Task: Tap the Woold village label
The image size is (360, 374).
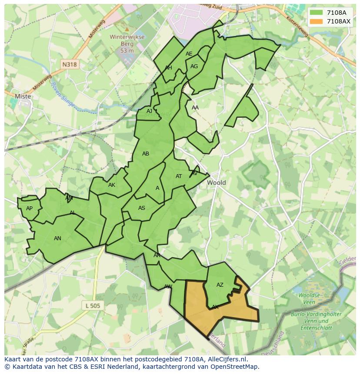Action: tap(216, 183)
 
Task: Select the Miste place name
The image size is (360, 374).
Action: tap(23, 96)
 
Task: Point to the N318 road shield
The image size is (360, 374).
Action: tap(69, 64)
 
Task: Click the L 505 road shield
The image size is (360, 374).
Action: tap(93, 306)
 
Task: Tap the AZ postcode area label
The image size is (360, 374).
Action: tap(220, 285)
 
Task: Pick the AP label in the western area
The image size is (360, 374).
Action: tap(29, 209)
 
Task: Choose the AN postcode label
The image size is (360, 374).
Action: tap(57, 238)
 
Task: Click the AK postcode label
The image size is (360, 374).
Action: tap(112, 185)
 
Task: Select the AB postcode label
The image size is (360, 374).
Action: tap(146, 154)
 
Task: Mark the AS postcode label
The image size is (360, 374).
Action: tap(142, 208)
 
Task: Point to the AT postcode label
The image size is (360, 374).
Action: tap(179, 176)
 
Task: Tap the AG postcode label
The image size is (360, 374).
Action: tap(194, 66)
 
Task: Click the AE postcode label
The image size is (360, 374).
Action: tap(189, 54)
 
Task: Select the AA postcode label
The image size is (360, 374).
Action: tap(195, 108)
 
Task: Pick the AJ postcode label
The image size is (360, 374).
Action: tap(149, 111)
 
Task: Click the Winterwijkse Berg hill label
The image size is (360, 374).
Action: tap(127, 44)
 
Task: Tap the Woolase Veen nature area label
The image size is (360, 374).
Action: tap(309, 298)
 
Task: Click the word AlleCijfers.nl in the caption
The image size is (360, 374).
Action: tap(226, 359)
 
